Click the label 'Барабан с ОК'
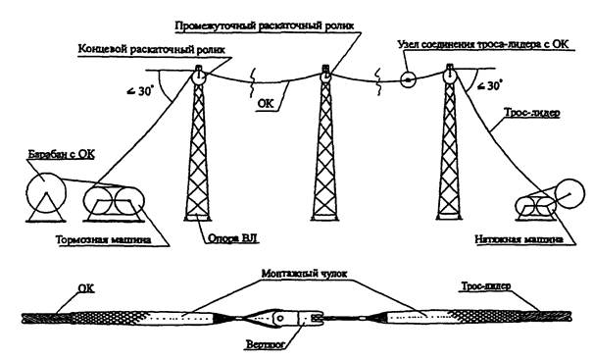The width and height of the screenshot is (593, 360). click(x=62, y=155)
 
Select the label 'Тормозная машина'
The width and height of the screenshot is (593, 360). click(x=104, y=240)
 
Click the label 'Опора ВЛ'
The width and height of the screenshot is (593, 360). click(x=233, y=238)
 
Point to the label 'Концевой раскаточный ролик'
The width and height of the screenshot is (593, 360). click(x=152, y=50)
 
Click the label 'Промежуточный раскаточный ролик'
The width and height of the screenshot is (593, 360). click(x=265, y=26)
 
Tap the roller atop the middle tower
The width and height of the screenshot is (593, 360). click(x=325, y=77)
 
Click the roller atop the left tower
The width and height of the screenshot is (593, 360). click(x=199, y=77)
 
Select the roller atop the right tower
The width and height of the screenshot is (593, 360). click(x=450, y=76)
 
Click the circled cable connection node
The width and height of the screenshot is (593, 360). click(x=408, y=79)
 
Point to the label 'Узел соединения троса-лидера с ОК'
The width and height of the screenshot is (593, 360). click(x=483, y=44)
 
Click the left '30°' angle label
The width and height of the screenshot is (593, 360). click(x=140, y=91)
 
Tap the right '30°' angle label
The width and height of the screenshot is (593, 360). click(x=490, y=86)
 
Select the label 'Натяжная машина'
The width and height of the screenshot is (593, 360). click(x=519, y=239)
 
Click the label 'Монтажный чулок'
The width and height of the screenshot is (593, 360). click(x=305, y=274)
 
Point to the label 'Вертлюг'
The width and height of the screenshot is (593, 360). click(x=265, y=345)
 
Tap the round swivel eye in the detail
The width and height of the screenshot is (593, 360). click(x=279, y=318)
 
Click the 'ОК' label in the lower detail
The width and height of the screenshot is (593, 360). click(x=86, y=288)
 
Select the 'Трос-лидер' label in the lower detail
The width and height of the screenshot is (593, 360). click(x=485, y=285)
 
